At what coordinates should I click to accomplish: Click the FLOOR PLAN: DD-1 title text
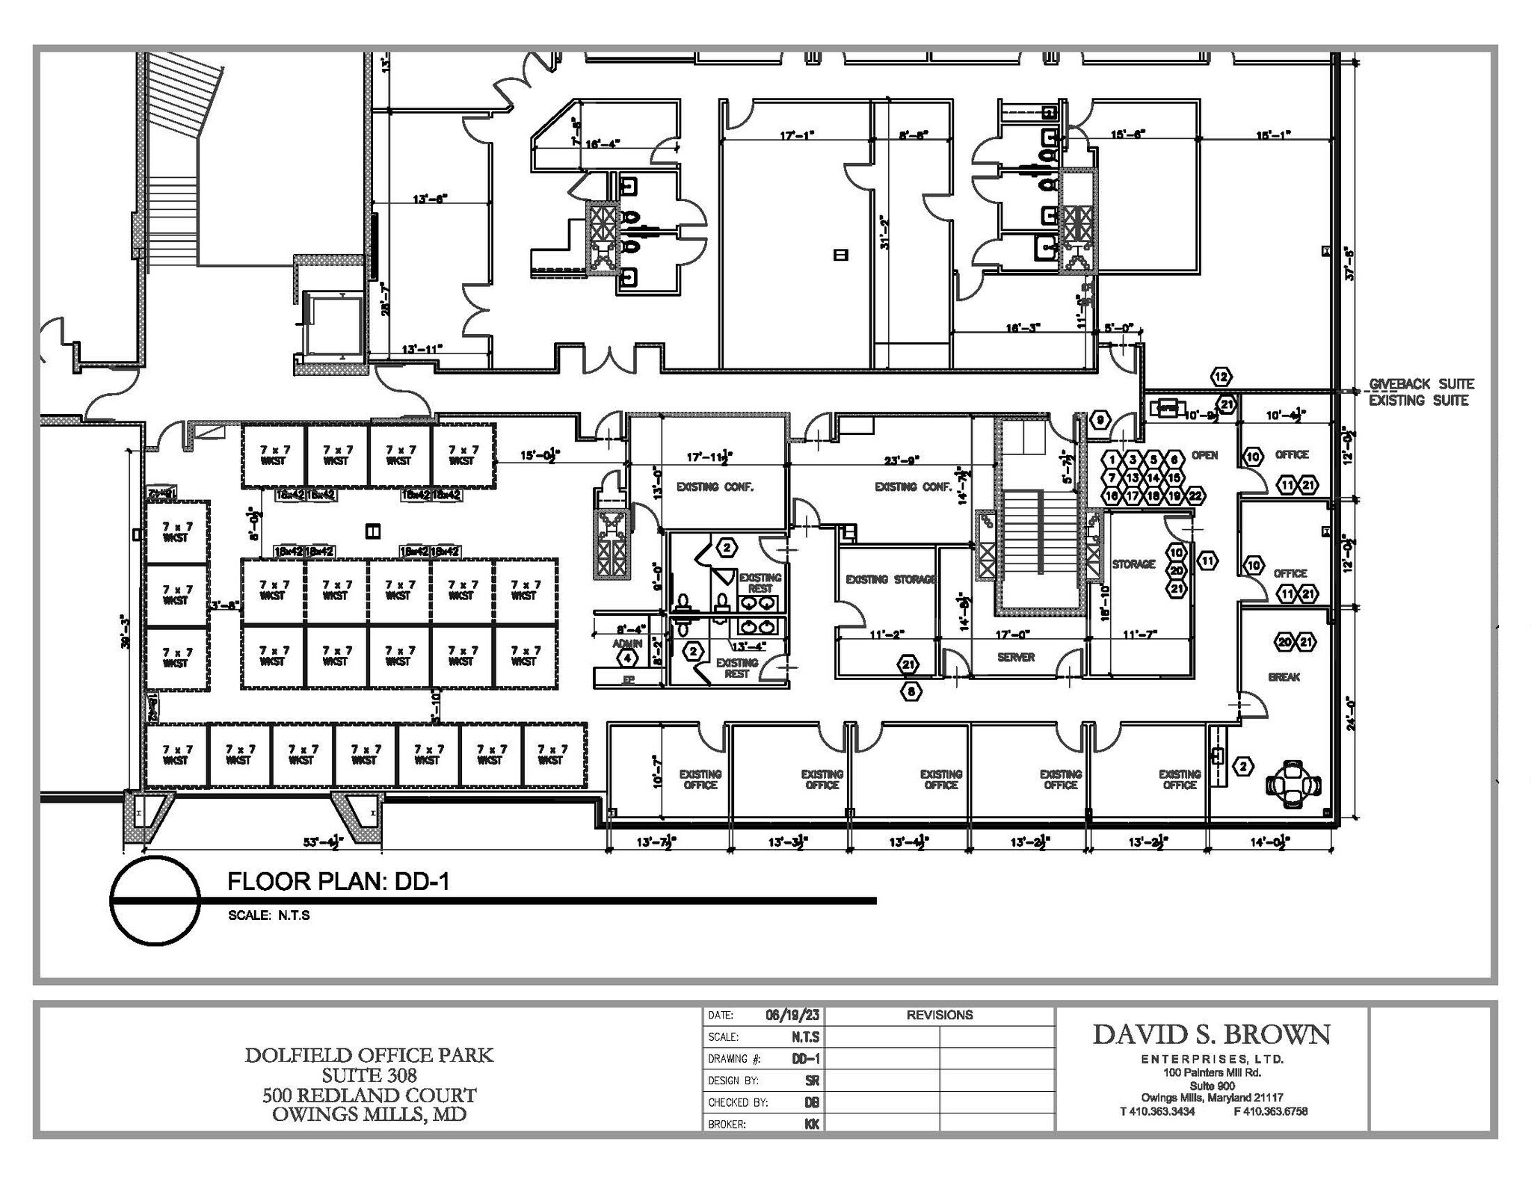338,881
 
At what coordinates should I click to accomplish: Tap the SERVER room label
1016,658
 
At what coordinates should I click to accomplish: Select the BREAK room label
1284,677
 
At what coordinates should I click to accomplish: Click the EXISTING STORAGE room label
890,579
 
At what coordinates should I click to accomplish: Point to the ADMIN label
626,643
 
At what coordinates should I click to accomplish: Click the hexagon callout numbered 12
1221,377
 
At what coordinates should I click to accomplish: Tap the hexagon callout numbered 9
1100,420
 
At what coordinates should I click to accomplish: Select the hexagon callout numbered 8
911,692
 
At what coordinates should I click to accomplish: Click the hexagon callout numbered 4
626,658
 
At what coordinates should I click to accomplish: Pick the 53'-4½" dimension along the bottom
322,843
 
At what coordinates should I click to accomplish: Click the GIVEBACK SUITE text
1421,384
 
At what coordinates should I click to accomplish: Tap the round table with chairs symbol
1293,784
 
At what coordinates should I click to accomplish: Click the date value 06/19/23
792,1015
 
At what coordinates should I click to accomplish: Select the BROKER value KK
811,1124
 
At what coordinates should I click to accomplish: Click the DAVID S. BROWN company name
1211,1035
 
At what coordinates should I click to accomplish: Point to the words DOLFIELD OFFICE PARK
369,1055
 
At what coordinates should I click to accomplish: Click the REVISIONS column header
939,1015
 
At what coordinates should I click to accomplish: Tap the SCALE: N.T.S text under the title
268,915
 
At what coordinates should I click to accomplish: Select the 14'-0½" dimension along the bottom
1271,843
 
